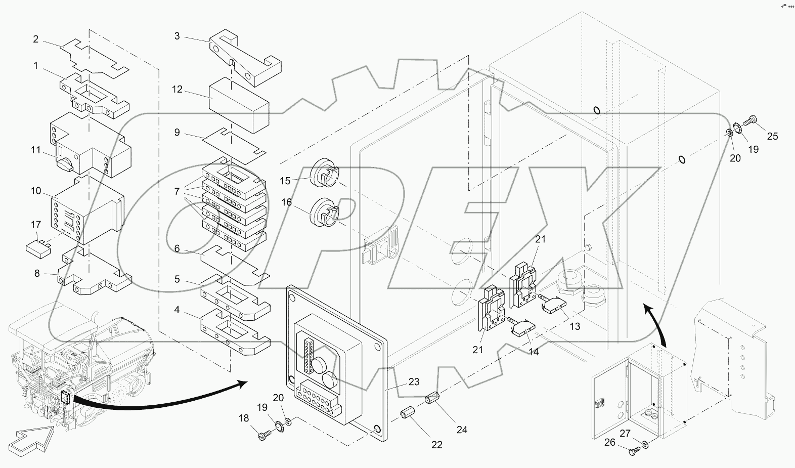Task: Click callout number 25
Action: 772,136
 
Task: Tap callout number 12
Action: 177,89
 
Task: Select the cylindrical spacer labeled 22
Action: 408,413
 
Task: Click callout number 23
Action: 414,382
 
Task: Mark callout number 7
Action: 176,192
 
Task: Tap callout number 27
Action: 625,433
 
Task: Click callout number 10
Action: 36,191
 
